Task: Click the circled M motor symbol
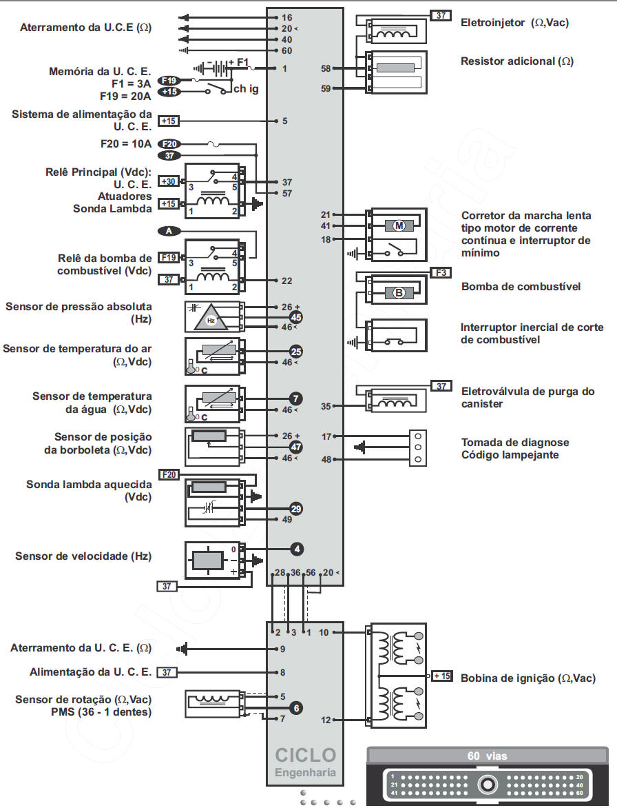pos(399,225)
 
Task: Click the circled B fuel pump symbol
pos(399,293)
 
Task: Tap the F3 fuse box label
pos(441,272)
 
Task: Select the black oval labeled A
pos(169,231)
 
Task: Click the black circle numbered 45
pos(296,317)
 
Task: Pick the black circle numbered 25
pos(296,352)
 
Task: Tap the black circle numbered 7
pos(296,398)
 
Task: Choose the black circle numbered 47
pos(296,447)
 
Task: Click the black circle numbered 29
pos(296,509)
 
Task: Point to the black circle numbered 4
pos(297,549)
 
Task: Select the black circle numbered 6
pos(296,708)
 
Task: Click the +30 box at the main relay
pos(168,181)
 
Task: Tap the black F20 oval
pos(169,144)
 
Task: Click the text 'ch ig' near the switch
pos(246,89)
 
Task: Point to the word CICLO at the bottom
pos(305,755)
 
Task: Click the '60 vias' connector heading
pos(487,756)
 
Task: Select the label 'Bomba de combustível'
pos(521,287)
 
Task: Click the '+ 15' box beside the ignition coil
pos(441,676)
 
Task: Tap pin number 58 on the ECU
pos(326,68)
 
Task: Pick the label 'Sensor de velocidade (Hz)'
pos(83,556)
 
